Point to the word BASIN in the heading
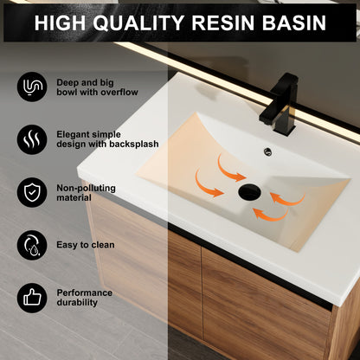[x=299, y=22]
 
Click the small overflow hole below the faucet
[x=266, y=152]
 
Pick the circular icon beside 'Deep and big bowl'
[x=31, y=87]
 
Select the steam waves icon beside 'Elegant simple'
[x=31, y=138]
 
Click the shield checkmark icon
[x=31, y=191]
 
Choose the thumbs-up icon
[x=31, y=298]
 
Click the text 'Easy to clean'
[x=86, y=245]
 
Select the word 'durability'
[x=79, y=304]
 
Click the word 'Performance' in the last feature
[x=84, y=292]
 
